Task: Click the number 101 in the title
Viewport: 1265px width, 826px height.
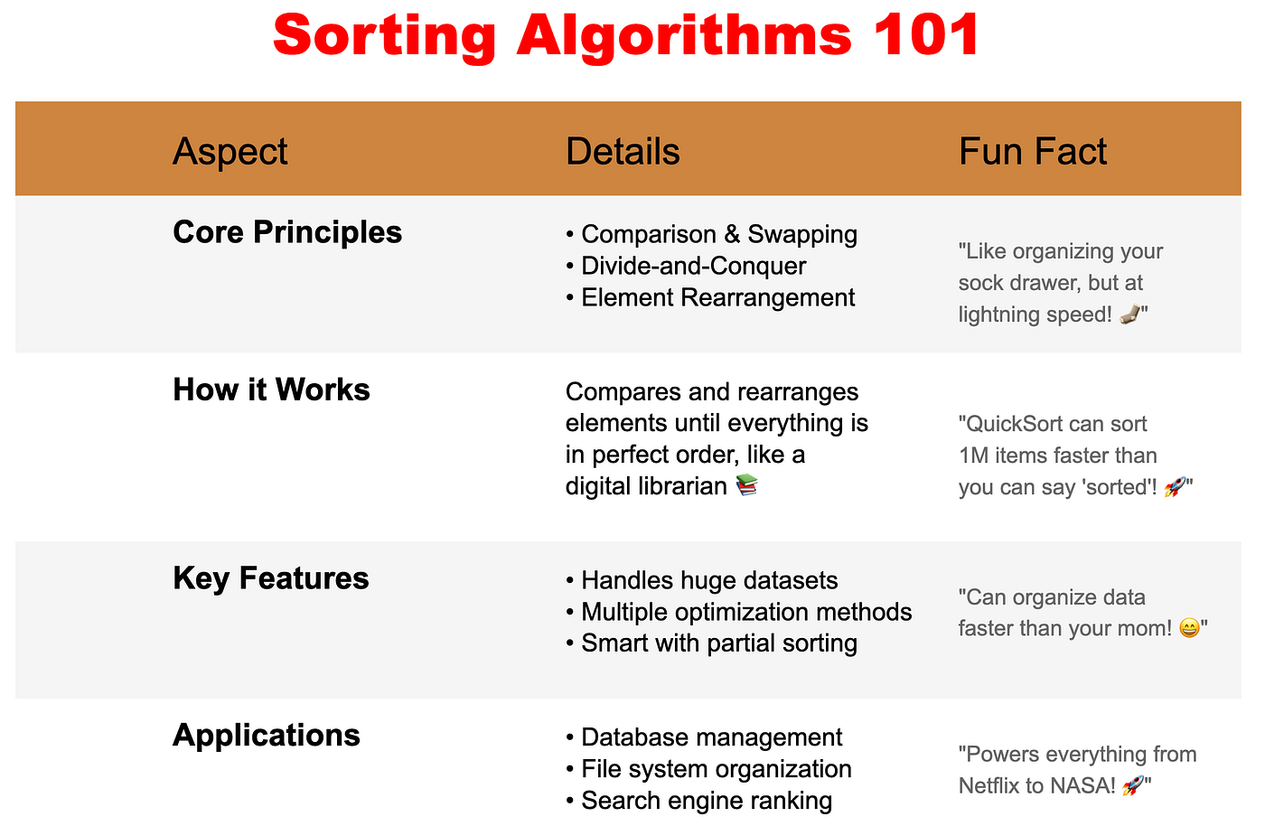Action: [x=926, y=35]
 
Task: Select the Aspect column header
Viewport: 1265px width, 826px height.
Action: [x=230, y=152]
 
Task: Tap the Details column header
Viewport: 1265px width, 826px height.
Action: [x=623, y=151]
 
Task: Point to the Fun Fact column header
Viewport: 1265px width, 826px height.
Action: [x=1032, y=151]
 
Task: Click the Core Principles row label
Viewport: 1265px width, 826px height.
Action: [x=287, y=232]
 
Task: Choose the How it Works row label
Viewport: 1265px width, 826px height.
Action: [x=271, y=390]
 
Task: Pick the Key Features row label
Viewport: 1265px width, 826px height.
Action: [x=271, y=578]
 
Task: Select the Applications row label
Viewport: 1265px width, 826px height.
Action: [x=267, y=736]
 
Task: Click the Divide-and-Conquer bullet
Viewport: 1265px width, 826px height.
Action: [x=686, y=266]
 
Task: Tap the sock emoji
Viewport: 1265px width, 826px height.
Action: [x=1129, y=314]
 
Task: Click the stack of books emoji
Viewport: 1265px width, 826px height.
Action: [x=746, y=484]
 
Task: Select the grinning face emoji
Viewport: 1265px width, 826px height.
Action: [x=1189, y=628]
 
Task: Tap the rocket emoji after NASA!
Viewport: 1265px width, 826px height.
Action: [x=1133, y=785]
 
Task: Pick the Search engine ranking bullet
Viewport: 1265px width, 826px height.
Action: [x=698, y=801]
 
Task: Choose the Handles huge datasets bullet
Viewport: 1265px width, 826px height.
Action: [x=701, y=580]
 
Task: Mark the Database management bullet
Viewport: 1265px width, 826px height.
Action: [x=704, y=737]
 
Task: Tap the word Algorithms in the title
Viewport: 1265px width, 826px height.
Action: [x=684, y=36]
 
